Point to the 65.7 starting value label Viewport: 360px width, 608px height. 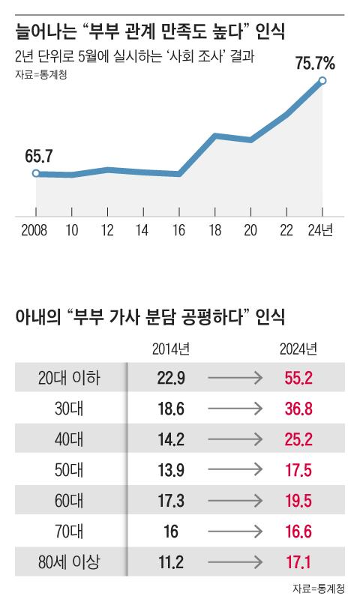pyautogui.click(x=38, y=156)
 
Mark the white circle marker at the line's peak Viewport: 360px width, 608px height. pyautogui.click(x=322, y=81)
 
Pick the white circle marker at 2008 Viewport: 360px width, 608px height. pyautogui.click(x=36, y=173)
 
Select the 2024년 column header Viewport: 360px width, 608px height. pyautogui.click(x=298, y=349)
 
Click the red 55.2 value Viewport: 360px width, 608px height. pyautogui.click(x=298, y=379)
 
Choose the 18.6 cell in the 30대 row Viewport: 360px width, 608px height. pyautogui.click(x=171, y=409)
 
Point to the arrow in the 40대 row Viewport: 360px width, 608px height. pyautogui.click(x=234, y=439)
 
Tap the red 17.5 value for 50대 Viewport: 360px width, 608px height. pyautogui.click(x=298, y=469)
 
